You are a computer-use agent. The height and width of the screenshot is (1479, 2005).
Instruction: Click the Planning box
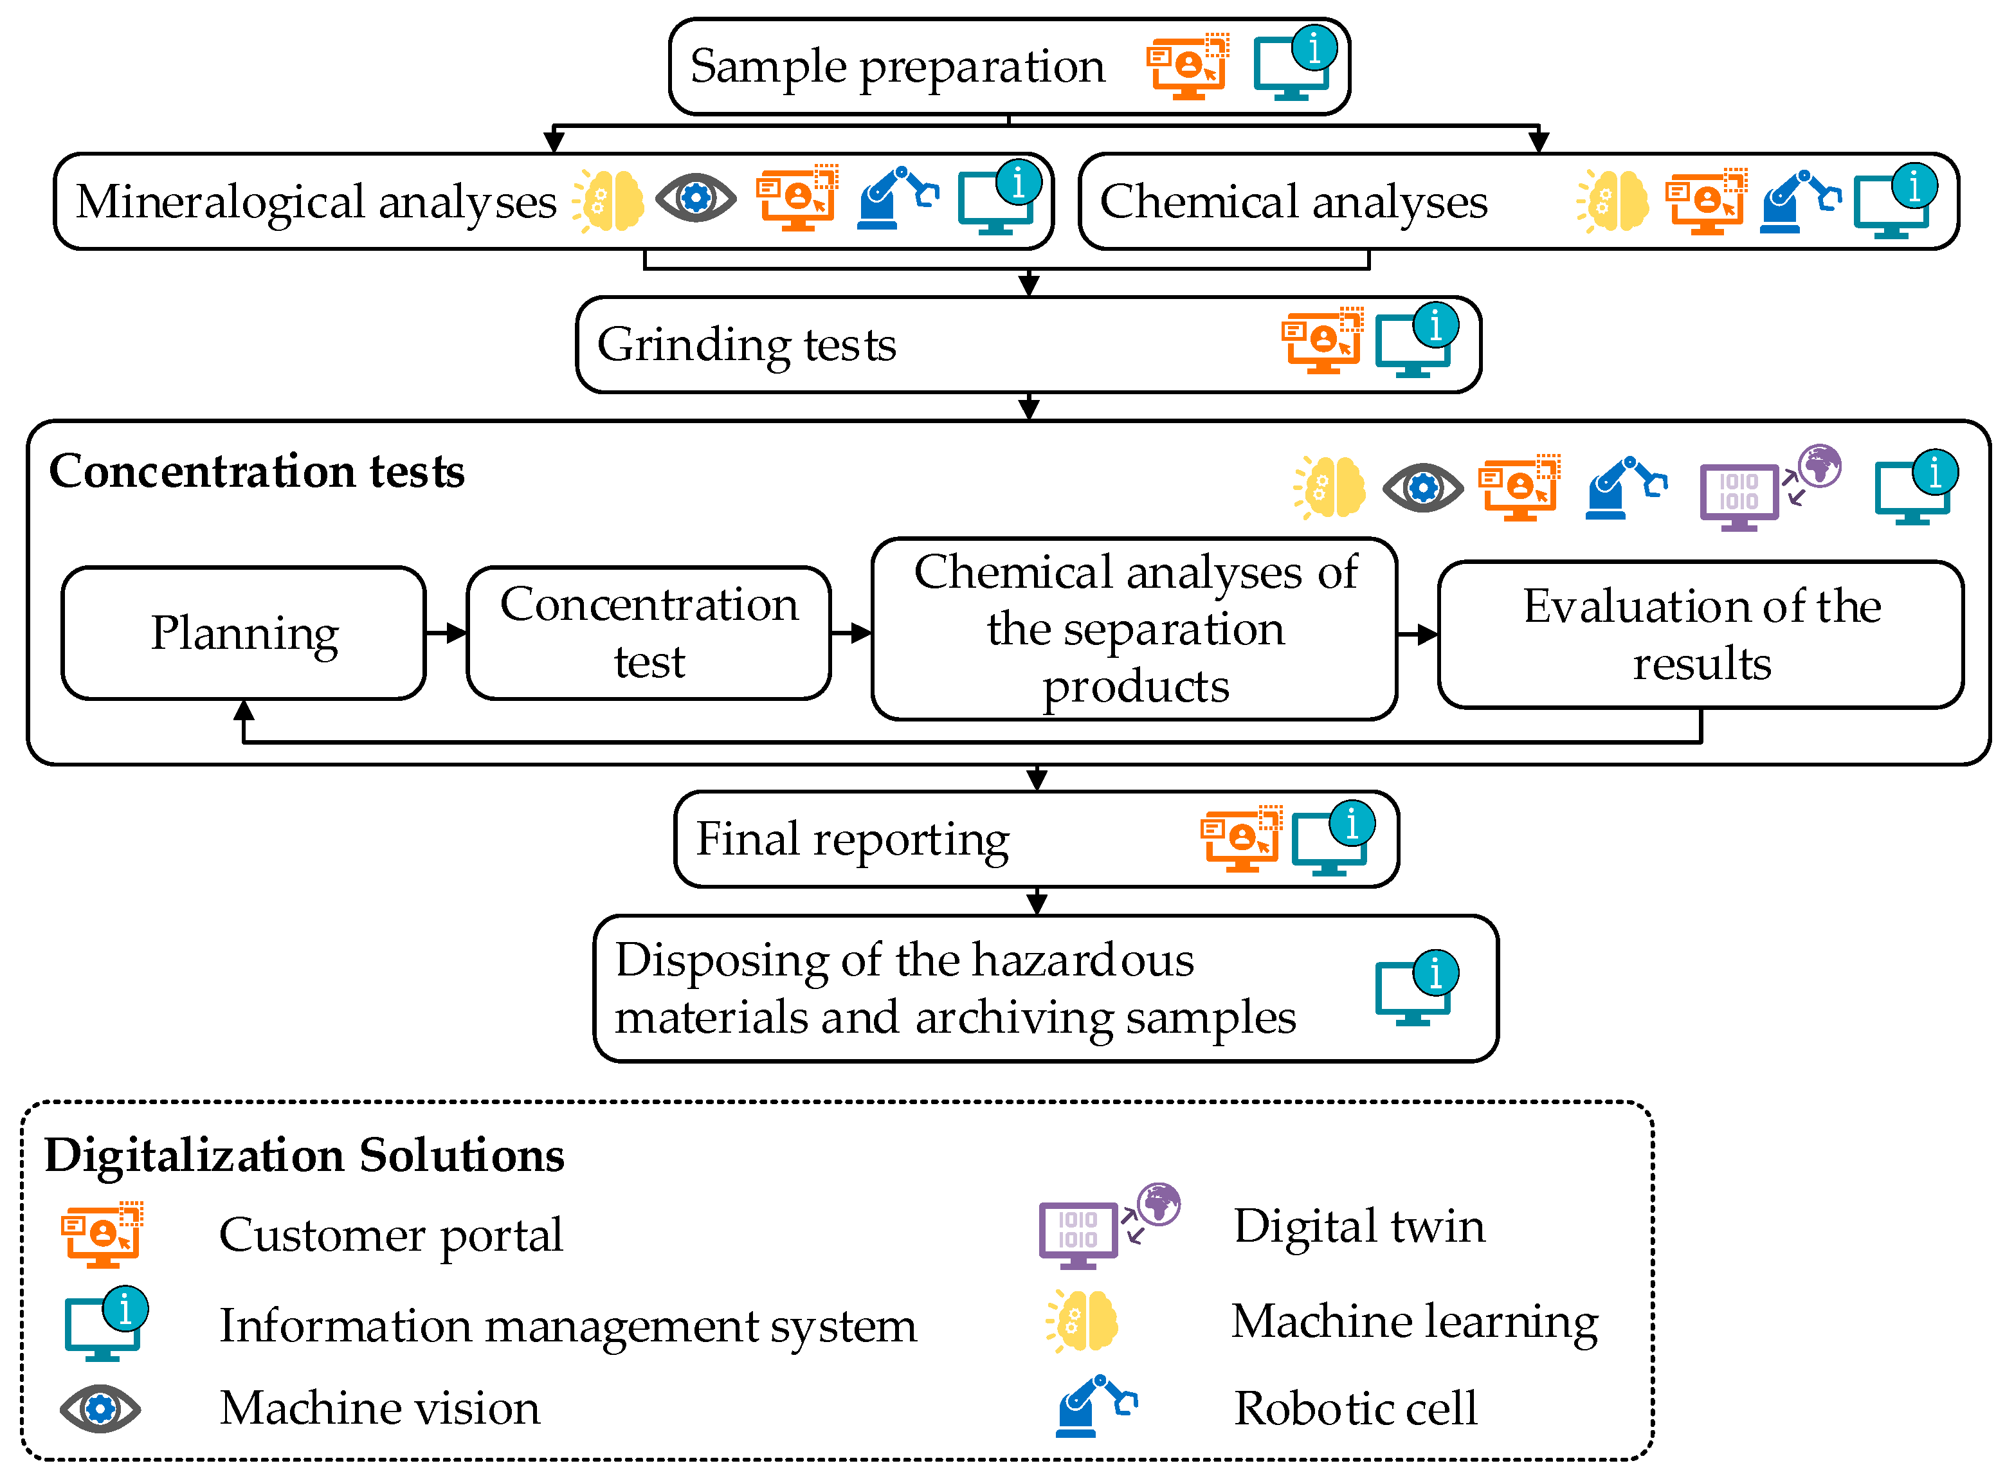[x=244, y=633]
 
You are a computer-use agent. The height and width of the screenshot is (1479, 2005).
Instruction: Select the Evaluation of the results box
[x=1701, y=635]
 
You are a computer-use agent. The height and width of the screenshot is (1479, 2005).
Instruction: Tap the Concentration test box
[x=649, y=633]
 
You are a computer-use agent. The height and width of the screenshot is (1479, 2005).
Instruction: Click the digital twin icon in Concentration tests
[x=1770, y=488]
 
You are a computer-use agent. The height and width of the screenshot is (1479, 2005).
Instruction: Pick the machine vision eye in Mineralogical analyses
[x=696, y=198]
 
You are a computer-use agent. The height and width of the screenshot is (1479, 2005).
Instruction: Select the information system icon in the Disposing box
[x=1417, y=988]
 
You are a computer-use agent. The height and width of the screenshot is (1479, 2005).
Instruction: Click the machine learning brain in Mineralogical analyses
[x=609, y=201]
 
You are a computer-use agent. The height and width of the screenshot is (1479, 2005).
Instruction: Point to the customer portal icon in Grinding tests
[x=1322, y=340]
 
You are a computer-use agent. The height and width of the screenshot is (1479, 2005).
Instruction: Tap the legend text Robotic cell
[x=1355, y=1408]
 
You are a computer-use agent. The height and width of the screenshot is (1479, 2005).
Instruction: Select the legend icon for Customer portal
[x=102, y=1235]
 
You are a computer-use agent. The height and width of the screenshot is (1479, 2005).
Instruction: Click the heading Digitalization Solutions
[x=304, y=1154]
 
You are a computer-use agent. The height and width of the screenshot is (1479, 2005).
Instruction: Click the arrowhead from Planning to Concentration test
[x=457, y=633]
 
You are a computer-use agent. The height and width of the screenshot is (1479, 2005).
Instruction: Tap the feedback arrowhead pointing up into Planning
[x=244, y=711]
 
